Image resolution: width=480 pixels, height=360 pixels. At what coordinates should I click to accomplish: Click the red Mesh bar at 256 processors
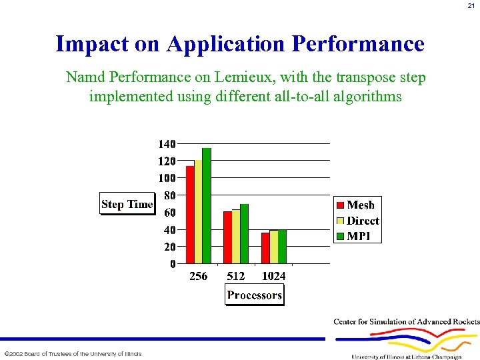(190, 215)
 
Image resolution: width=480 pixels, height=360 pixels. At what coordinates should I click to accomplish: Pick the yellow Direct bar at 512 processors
(235, 237)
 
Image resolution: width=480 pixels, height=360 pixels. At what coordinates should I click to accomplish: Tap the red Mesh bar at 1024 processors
(265, 248)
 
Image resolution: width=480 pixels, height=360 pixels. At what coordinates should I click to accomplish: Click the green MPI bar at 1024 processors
(282, 247)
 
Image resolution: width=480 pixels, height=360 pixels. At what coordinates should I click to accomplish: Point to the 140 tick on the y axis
(167, 143)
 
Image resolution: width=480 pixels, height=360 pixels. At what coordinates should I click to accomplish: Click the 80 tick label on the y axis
(169, 195)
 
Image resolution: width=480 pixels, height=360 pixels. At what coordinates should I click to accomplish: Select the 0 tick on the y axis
(173, 264)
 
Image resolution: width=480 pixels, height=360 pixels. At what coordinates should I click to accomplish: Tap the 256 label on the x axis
(198, 276)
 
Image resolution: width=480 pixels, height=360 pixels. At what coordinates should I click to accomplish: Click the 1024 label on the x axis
(273, 276)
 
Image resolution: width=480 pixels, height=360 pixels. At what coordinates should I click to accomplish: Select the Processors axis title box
(254, 295)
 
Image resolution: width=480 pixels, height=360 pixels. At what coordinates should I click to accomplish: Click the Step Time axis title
(127, 204)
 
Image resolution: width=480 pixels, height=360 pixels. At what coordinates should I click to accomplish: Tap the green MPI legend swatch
(340, 236)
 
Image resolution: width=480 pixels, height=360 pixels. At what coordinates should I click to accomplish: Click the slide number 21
(471, 6)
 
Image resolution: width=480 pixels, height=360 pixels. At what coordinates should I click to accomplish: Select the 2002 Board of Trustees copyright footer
(73, 354)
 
